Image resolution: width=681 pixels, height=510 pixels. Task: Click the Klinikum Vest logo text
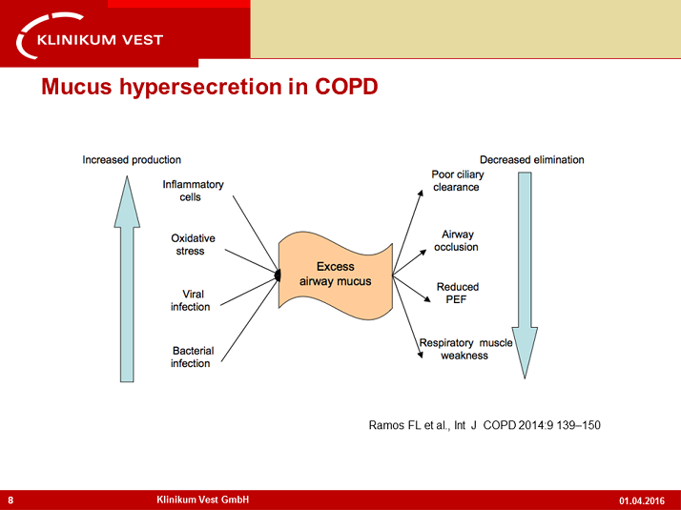[x=100, y=40]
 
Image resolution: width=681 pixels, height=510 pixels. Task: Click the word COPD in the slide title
[x=346, y=87]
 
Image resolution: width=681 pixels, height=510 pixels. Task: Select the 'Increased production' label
[x=132, y=160]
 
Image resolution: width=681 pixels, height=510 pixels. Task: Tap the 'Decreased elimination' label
[x=531, y=160]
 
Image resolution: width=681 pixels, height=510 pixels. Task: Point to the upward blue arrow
[x=127, y=278]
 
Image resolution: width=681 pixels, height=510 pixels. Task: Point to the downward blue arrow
[x=525, y=275]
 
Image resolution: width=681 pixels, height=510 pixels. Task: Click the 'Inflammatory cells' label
[x=193, y=191]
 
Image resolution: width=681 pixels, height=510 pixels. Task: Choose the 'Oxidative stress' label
[x=193, y=244]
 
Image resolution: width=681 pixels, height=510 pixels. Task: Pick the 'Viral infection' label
[x=190, y=300]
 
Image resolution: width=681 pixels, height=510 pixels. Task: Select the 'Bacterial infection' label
[x=191, y=357]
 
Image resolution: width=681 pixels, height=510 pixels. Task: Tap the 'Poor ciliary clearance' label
[x=457, y=180]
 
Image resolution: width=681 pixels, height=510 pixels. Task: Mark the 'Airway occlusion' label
[x=457, y=240]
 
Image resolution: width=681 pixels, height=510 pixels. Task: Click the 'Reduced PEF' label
[x=457, y=293]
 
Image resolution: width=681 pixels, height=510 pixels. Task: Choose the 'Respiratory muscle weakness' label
[x=465, y=349]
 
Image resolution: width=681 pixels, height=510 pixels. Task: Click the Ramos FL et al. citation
[x=485, y=425]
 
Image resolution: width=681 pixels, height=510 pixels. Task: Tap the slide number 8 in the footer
[x=10, y=500]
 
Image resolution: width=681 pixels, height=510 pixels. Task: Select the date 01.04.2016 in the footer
[x=642, y=500]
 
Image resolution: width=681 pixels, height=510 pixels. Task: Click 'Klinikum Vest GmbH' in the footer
[x=203, y=500]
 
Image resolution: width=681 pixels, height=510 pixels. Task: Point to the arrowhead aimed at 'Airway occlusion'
[x=423, y=253]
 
